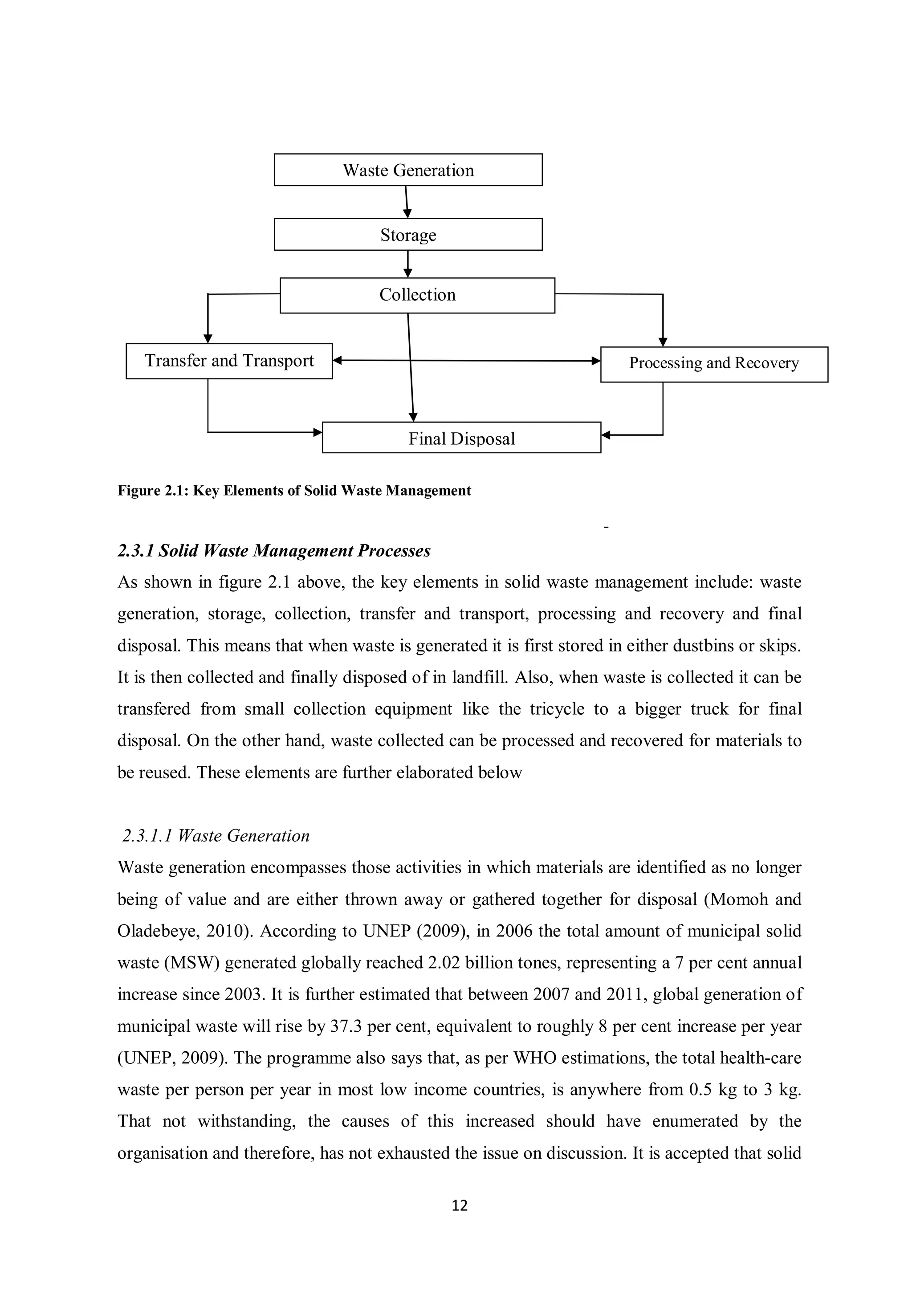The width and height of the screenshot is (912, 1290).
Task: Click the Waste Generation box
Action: pos(408,170)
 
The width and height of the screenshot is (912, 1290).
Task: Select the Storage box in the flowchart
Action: pos(408,234)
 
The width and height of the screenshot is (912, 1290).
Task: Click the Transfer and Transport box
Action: pos(229,361)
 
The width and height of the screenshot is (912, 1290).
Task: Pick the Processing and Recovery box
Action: pos(714,364)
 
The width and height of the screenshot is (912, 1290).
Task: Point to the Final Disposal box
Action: pos(461,438)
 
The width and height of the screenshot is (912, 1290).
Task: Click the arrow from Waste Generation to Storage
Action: pos(407,202)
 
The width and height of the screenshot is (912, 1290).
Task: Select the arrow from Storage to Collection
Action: pos(408,264)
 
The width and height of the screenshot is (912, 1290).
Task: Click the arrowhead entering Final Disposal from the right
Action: pos(606,435)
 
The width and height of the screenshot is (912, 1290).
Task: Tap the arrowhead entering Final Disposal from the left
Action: pos(318,432)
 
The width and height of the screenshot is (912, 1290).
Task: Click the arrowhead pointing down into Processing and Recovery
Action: pos(663,342)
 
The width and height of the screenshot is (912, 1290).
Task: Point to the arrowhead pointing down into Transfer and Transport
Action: pos(208,339)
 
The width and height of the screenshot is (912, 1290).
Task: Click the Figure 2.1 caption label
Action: pos(294,491)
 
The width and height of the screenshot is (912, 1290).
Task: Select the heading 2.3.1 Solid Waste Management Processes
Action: pos(274,551)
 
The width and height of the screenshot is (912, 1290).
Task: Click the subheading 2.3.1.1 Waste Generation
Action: pos(216,835)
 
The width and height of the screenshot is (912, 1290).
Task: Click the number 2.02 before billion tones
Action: pos(444,963)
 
